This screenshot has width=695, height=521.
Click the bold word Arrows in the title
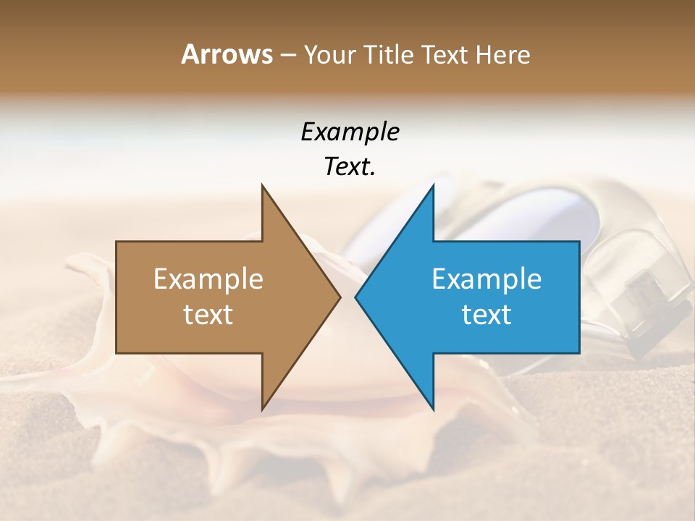[x=227, y=54]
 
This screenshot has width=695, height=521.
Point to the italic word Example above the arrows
[x=350, y=132]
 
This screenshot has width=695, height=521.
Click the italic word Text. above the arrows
[x=350, y=166]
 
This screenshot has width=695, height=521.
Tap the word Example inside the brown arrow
[x=208, y=279]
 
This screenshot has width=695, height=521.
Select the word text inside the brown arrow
[x=208, y=314]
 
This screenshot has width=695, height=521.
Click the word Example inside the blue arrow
[x=486, y=279]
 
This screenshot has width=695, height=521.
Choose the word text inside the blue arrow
[x=486, y=314]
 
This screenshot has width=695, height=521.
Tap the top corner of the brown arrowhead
[x=262, y=185]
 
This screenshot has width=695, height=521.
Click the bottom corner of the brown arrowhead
[x=262, y=410]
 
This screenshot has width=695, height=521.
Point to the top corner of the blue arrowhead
[x=433, y=185]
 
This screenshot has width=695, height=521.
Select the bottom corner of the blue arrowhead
[x=433, y=410]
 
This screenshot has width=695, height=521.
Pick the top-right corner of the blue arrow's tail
[x=579, y=242]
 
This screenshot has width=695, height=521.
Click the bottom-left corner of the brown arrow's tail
[x=117, y=353]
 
